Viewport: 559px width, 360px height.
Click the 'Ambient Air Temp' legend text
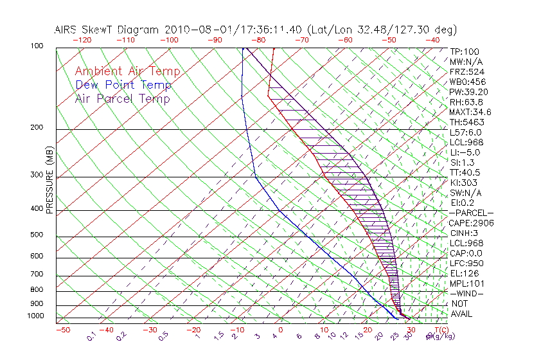pos(127,71)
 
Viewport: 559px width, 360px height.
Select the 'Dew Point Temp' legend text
pos(123,85)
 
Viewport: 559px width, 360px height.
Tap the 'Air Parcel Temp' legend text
pos(123,98)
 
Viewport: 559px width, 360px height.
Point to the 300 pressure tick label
pos(37,175)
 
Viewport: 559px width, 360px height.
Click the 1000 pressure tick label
pos(36,316)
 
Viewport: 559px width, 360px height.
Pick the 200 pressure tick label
pos(37,127)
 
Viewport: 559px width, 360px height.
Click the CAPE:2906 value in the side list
pos(471,223)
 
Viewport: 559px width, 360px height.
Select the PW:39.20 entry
pos(468,92)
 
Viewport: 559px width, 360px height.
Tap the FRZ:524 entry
pos(466,71)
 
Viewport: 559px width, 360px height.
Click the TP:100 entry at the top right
pos(464,51)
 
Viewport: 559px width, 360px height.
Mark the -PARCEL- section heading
pos(471,213)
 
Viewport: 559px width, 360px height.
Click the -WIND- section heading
pos(467,293)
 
